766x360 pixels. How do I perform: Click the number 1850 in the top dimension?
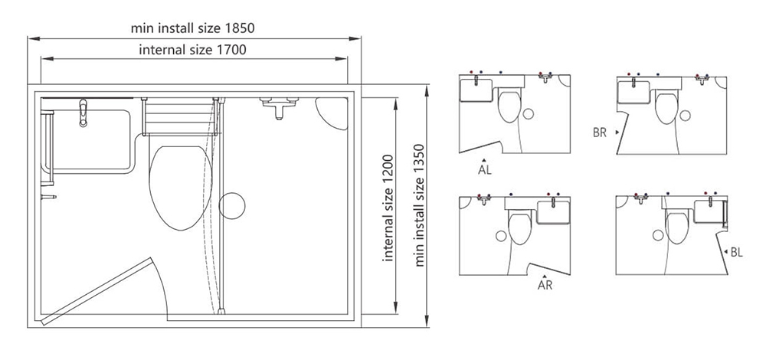[239, 28]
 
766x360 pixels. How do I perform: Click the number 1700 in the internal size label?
[231, 50]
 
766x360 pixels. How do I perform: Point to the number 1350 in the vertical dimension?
[420, 159]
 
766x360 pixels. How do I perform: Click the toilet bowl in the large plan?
[181, 188]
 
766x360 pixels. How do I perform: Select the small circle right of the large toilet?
[231, 205]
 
